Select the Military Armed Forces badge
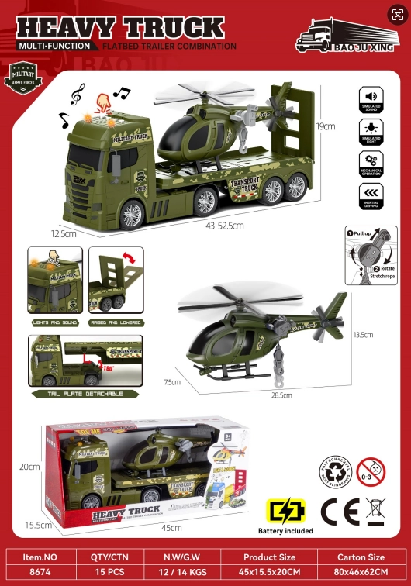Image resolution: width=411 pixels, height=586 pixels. [x=22, y=79]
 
